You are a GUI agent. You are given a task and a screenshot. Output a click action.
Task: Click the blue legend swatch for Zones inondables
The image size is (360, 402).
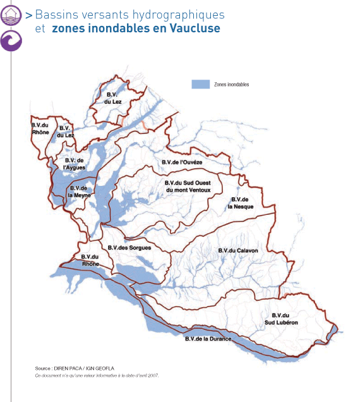[x=200, y=83]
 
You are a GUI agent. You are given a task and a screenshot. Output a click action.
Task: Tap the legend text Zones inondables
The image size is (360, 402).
[x=232, y=84]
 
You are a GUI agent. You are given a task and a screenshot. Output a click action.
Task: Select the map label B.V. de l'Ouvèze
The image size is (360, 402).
[x=182, y=163]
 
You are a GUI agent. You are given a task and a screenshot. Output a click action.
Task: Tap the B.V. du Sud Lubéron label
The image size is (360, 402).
[x=280, y=319]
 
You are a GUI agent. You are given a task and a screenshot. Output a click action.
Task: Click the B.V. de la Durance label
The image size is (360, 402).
[x=208, y=339]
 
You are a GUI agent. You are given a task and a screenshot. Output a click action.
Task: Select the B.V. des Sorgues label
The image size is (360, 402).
[x=129, y=248]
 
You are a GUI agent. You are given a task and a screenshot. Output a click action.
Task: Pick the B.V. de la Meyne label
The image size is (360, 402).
[x=80, y=192]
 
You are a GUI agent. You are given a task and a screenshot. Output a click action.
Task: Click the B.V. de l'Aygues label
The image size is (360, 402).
[x=75, y=163]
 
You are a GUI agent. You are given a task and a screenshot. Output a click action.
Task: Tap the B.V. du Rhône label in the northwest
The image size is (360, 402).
[x=40, y=128]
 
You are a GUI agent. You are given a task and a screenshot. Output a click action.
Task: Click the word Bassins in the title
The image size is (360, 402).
[x=54, y=14]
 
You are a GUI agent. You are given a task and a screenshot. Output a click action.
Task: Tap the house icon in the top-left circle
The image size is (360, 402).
[x=11, y=14]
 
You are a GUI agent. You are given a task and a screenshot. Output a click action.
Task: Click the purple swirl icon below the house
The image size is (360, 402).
[x=11, y=40]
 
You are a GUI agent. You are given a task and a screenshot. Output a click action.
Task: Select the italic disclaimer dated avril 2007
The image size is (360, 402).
[x=96, y=375]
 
